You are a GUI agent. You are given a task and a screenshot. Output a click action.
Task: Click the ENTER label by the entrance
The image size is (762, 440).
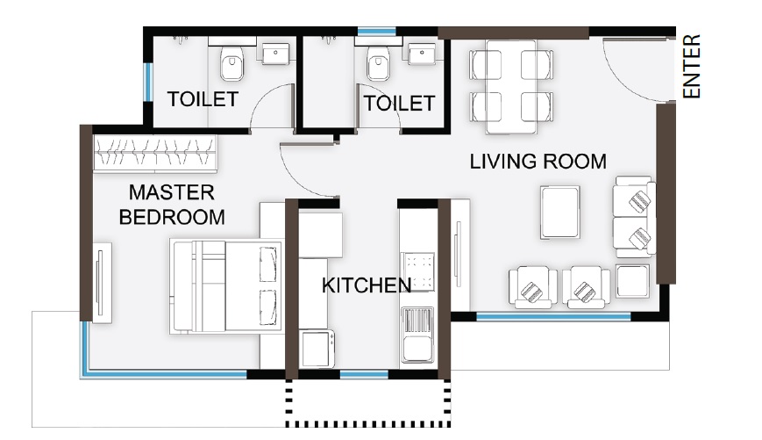coord(693,67)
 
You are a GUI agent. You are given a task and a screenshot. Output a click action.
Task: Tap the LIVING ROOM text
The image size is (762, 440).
coord(538,162)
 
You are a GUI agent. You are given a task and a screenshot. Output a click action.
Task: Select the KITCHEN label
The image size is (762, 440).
coord(366,285)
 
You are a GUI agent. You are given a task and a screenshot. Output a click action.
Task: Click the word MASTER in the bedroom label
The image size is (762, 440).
coord(172,192)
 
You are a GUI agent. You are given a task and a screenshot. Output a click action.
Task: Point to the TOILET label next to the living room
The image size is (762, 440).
coord(399,104)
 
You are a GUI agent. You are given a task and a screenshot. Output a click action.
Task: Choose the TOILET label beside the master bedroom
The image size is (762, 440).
coord(203,99)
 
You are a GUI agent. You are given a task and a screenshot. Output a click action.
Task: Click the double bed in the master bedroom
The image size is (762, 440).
coord(228,286)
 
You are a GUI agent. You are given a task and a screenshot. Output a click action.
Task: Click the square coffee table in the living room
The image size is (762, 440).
coord(560,212)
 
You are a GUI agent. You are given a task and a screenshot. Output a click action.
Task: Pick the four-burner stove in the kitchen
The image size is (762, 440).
coord(418,271)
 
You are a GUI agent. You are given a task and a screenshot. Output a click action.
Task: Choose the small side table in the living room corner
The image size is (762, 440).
coord(631,280)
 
